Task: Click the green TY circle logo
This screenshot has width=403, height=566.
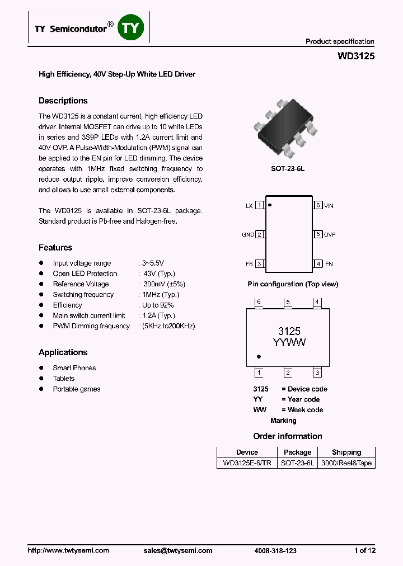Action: pyautogui.click(x=132, y=28)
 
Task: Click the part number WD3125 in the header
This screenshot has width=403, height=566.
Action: pyautogui.click(x=356, y=56)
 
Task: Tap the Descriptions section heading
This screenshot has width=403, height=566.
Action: pyautogui.click(x=63, y=101)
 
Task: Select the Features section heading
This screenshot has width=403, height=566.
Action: pyautogui.click(x=55, y=247)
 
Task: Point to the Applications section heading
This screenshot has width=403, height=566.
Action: pyautogui.click(x=63, y=352)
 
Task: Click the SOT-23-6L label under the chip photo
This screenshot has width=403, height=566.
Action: pyautogui.click(x=288, y=168)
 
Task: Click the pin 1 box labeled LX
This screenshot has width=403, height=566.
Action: pyautogui.click(x=260, y=205)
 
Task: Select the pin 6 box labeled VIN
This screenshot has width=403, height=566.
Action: pyautogui.click(x=318, y=205)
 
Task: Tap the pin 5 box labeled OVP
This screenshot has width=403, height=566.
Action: pyautogui.click(x=318, y=234)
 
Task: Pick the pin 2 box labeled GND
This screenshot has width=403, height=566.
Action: pyautogui.click(x=260, y=234)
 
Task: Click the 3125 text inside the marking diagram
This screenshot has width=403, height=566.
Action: pyautogui.click(x=289, y=331)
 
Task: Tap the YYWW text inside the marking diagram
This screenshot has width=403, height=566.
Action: pyautogui.click(x=289, y=342)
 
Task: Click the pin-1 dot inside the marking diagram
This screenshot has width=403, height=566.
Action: pyautogui.click(x=259, y=356)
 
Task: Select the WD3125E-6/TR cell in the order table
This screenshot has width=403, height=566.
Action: pyautogui.click(x=247, y=463)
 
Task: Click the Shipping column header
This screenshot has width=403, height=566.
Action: pyautogui.click(x=346, y=452)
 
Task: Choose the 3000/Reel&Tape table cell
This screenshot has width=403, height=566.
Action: pyautogui.click(x=346, y=463)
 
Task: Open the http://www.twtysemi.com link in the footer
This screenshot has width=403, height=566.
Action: pyautogui.click(x=68, y=550)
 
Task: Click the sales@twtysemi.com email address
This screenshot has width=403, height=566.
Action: pyautogui.click(x=178, y=550)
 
